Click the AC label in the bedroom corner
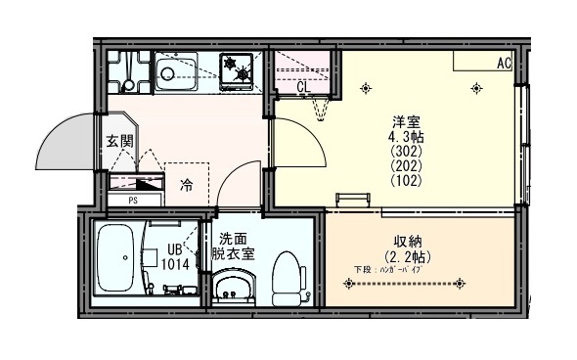pos(504,64)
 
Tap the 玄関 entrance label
pos(119,142)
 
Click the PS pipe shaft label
pos(132,201)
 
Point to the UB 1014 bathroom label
pos(175,257)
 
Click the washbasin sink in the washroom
pos(232,290)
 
